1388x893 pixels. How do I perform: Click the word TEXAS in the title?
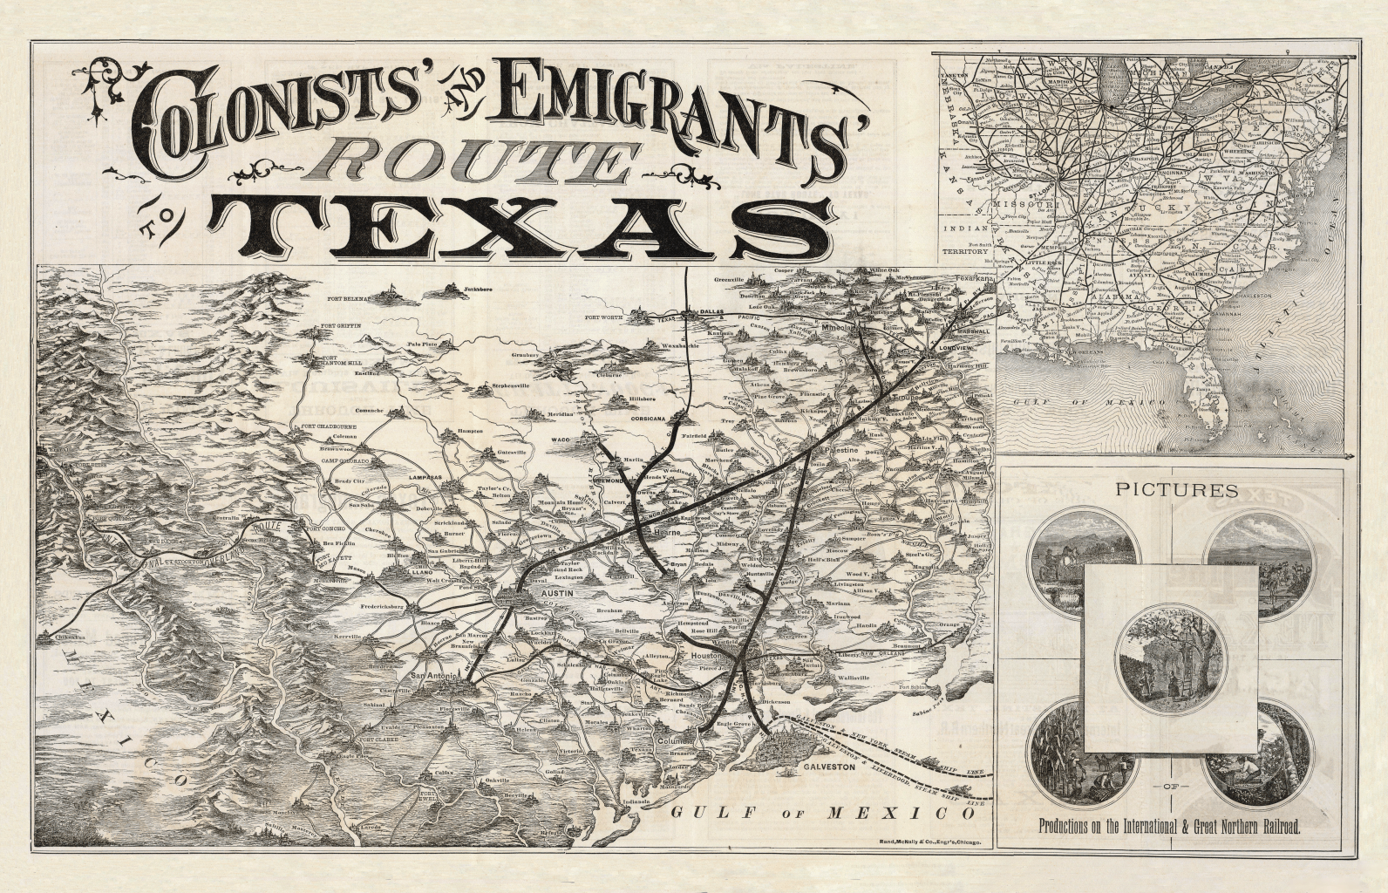pyautogui.click(x=521, y=228)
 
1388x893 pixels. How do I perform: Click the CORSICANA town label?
pyautogui.click(x=647, y=419)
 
